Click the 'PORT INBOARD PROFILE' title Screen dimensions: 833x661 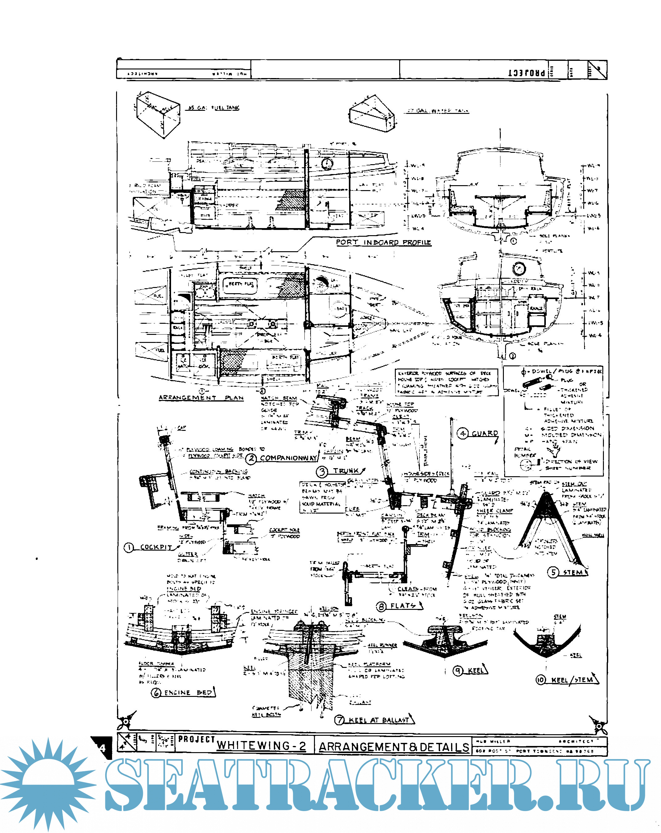tap(383, 242)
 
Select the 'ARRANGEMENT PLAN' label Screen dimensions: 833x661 tap(201, 398)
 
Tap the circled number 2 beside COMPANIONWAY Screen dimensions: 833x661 tap(251, 458)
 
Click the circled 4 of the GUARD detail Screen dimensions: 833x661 tap(463, 434)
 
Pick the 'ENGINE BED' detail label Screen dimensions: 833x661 tap(188, 693)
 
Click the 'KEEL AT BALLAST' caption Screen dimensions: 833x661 tap(379, 720)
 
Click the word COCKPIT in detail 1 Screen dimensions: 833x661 tap(156, 547)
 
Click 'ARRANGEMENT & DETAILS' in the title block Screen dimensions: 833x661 tap(394, 747)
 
